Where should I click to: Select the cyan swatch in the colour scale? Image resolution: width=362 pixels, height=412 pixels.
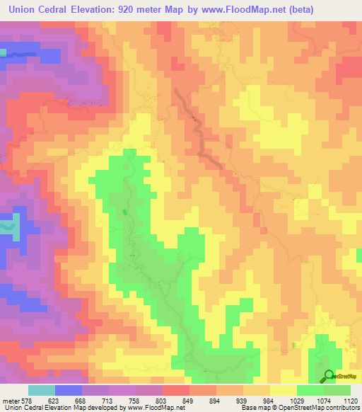point(41,390)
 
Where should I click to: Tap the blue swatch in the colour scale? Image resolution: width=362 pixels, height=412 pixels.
point(68,390)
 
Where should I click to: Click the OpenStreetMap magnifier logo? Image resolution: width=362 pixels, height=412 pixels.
point(328,377)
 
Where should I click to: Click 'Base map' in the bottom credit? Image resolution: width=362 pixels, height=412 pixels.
point(255,408)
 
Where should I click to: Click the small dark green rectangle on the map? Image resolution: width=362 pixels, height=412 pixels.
point(125,212)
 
